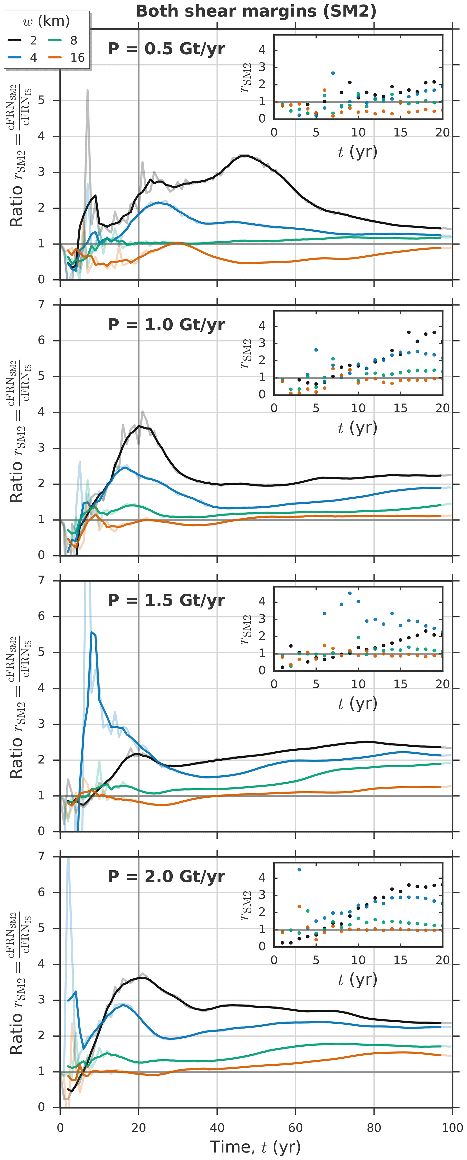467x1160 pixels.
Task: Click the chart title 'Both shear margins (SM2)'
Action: tap(256, 11)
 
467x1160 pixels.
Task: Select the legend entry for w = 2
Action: tap(23, 41)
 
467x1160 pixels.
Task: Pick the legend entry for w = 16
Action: tap(68, 58)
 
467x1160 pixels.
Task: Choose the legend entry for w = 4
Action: tap(23, 58)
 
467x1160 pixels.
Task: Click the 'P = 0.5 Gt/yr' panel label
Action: tap(166, 49)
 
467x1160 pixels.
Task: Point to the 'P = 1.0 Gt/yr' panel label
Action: tap(166, 325)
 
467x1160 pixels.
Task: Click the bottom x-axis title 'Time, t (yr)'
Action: tap(255, 1146)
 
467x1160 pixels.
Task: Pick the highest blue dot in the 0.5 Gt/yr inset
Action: tap(333, 73)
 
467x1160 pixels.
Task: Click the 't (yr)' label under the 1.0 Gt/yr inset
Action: tap(357, 427)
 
